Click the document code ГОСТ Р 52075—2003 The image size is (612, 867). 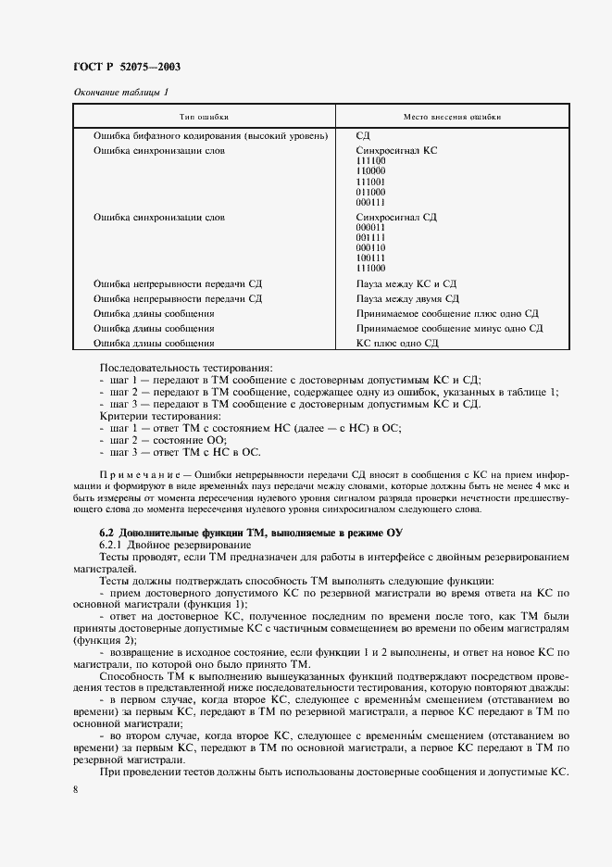click(126, 67)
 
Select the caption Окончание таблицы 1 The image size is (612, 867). click(120, 92)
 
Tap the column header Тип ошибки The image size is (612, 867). click(204, 118)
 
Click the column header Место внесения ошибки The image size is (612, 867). click(453, 118)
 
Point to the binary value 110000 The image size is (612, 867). click(370, 171)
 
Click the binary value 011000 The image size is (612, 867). click(370, 192)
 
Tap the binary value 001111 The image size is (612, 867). click(370, 237)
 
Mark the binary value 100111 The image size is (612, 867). click(370, 258)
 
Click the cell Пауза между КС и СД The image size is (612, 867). click(406, 283)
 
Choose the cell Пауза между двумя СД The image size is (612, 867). click(407, 298)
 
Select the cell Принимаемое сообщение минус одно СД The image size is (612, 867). click(449, 328)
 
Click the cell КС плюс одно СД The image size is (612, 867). click(396, 343)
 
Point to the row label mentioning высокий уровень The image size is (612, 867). click(211, 135)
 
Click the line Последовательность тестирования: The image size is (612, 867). click(173, 368)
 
